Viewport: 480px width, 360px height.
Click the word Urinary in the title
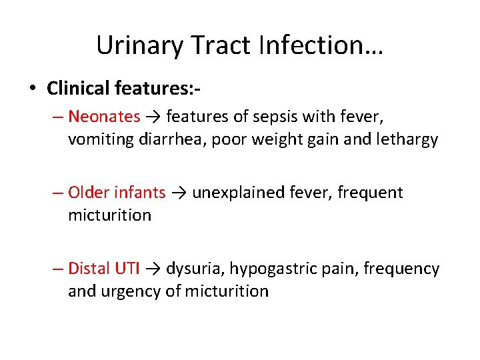coord(138,45)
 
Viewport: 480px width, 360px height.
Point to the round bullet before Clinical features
coord(33,89)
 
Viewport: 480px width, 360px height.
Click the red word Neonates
coord(104,117)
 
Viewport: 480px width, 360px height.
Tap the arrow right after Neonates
coord(153,117)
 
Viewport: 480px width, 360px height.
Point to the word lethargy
coord(411,139)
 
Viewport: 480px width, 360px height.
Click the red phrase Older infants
coord(117,193)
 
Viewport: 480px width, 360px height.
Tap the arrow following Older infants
coord(179,193)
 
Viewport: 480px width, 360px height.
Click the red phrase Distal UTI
coord(104,269)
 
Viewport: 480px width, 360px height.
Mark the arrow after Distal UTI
coord(153,269)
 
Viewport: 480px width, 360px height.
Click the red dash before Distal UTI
coord(59,269)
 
